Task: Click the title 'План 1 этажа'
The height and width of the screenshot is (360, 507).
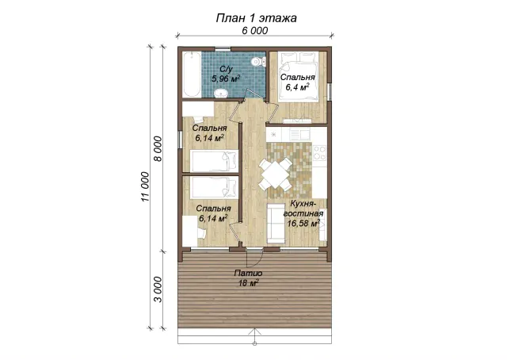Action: pos(256,18)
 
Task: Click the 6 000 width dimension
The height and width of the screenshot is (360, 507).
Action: pos(255,30)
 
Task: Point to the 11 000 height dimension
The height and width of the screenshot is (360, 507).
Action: pos(146,187)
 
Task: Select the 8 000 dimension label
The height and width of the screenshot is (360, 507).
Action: pos(158,148)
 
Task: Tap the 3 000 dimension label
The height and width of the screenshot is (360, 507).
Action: pos(158,289)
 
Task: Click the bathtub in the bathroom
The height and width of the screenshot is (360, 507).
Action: pos(192,74)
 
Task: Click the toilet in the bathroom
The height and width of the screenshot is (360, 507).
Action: pos(259,61)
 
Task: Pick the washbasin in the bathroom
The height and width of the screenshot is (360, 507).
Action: pos(222,94)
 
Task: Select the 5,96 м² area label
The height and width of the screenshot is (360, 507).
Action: pos(226,79)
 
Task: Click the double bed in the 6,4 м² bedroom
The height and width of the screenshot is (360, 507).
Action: pos(298,77)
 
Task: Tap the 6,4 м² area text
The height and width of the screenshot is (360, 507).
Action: pos(298,86)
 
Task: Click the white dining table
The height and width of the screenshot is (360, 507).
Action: pos(275,174)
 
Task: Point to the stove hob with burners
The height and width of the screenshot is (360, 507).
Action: pos(319,153)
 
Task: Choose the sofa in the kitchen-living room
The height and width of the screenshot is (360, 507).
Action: pos(273,223)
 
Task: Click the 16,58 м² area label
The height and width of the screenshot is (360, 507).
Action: pos(304,223)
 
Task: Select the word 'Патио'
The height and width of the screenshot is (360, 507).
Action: pos(248,274)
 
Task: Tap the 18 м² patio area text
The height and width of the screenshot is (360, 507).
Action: pos(248,283)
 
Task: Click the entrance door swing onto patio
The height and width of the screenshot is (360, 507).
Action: pos(255,258)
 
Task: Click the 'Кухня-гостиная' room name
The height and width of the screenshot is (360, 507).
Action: pos(303,209)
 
